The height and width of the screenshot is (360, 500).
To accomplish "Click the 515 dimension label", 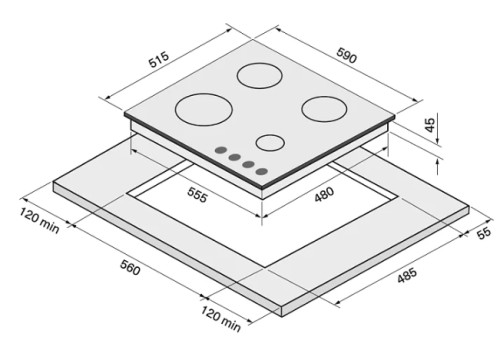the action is [x=159, y=60].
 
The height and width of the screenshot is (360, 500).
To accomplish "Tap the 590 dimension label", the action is [x=347, y=55].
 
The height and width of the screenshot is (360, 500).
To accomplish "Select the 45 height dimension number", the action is [x=430, y=125].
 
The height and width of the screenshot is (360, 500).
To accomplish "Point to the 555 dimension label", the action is [x=197, y=195].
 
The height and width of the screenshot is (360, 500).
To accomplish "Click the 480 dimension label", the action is [x=324, y=194].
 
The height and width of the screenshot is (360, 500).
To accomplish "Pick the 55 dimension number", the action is [x=484, y=232].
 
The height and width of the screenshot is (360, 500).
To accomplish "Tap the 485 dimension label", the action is [x=407, y=275].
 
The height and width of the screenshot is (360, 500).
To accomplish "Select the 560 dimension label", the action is [x=130, y=268].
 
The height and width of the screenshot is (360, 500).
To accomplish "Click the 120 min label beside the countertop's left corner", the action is [x=39, y=220].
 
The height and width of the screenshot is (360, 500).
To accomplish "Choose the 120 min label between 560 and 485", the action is [x=221, y=319].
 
